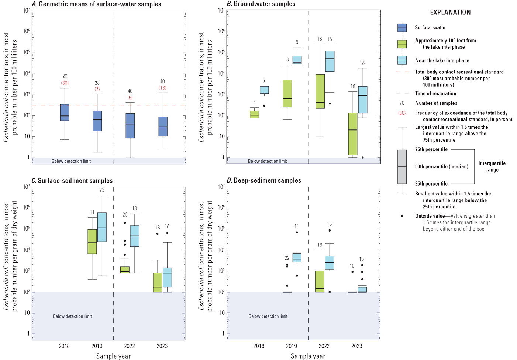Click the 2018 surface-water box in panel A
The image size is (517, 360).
click(x=65, y=112)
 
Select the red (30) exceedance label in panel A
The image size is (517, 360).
click(x=65, y=83)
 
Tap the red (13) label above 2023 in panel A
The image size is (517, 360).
click(x=162, y=88)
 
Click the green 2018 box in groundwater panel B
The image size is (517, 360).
click(x=254, y=114)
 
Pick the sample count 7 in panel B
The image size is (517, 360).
click(x=264, y=81)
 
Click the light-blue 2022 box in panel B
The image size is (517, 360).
click(x=330, y=61)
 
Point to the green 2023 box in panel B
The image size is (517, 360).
click(x=353, y=134)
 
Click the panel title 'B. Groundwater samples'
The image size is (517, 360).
click(x=261, y=4)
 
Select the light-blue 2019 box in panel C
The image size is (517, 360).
click(x=102, y=227)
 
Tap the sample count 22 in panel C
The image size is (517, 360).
click(x=102, y=190)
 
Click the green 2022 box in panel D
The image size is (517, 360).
click(x=320, y=281)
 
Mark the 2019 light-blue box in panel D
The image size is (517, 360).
click(x=297, y=257)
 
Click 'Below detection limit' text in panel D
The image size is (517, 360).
click(x=268, y=316)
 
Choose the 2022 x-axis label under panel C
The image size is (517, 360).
click(x=130, y=346)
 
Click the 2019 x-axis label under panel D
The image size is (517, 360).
click(x=292, y=346)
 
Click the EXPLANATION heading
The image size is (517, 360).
click(x=450, y=12)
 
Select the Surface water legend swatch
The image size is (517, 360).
click(x=402, y=28)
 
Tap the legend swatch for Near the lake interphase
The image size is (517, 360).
click(x=402, y=60)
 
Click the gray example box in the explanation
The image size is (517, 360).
click(x=402, y=167)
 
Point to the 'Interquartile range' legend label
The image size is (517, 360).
click(x=492, y=166)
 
